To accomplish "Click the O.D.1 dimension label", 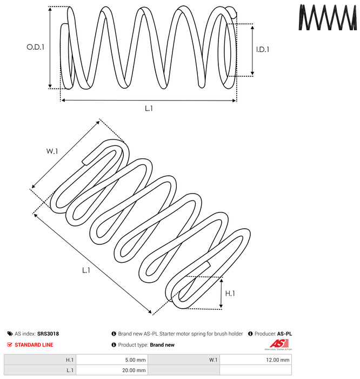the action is (x=36, y=47).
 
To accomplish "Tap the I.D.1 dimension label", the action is (x=263, y=50).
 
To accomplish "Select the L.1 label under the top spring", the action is (x=149, y=109).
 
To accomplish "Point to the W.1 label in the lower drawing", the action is (x=52, y=151).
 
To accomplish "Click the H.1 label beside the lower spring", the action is (x=230, y=294).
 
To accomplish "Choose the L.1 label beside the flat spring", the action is (x=86, y=270).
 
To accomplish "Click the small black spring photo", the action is (x=328, y=17).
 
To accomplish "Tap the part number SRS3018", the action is (x=48, y=334).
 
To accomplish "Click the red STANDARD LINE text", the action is (x=34, y=345).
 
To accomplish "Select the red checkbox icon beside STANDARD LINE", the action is (x=10, y=345).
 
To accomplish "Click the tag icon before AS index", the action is (x=10, y=334).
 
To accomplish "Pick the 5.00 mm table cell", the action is (x=112, y=360).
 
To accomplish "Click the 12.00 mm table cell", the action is (x=256, y=360).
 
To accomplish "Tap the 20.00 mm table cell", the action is (x=112, y=370).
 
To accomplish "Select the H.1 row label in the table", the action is (x=70, y=360).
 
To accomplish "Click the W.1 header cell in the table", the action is (x=184, y=360).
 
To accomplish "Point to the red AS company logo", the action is (x=278, y=344).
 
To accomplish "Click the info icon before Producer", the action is (x=250, y=334).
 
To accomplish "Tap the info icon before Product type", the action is (x=114, y=345).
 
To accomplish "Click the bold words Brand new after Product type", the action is (x=162, y=345).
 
